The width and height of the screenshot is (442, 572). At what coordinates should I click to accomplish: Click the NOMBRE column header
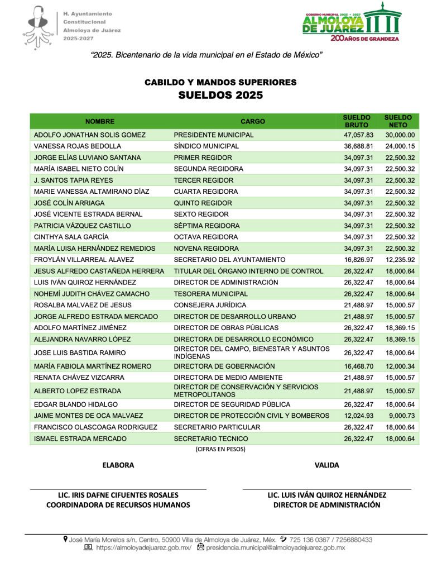point(100,121)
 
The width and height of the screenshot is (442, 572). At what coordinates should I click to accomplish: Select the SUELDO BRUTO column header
point(357,121)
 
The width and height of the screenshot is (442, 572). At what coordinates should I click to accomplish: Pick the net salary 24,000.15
point(400,146)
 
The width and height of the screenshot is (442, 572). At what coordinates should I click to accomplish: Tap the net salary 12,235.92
point(400,260)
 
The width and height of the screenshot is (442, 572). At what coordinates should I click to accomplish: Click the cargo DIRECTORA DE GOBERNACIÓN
point(224,366)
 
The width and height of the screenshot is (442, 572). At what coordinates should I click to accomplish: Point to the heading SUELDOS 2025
point(220,96)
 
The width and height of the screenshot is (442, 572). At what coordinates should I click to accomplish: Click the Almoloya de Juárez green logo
point(351,22)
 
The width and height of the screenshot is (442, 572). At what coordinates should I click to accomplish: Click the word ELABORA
point(118,465)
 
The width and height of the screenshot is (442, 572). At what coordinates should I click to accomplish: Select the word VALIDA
point(326,465)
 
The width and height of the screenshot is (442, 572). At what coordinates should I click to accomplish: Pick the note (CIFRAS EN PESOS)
point(220,449)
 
